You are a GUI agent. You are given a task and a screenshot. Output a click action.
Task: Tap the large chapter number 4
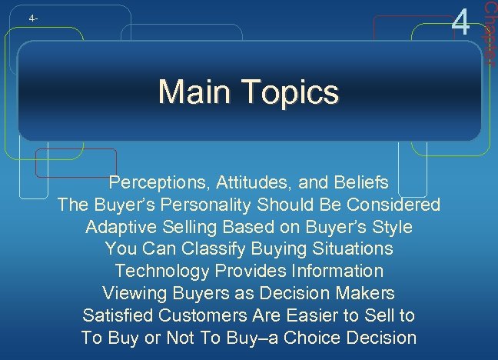tap(461, 21)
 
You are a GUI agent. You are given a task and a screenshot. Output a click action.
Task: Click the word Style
tap(393, 228)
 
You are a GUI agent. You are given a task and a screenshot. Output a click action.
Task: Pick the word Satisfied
tap(118, 315)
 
